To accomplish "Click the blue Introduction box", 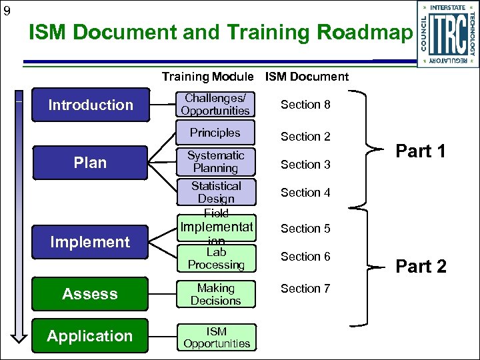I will click(x=90, y=105).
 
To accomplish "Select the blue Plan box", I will click(x=90, y=163).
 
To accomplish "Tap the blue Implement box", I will click(x=90, y=242).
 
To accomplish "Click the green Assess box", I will click(x=90, y=294).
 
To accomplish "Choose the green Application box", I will click(x=90, y=336).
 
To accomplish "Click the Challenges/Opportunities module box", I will click(x=215, y=105).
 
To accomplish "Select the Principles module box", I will click(x=215, y=133).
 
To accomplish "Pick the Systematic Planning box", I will click(x=215, y=162).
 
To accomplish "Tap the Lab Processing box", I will click(x=215, y=259).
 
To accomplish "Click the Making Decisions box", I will click(x=215, y=295).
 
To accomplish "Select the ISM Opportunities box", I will click(x=215, y=337).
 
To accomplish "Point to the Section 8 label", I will click(x=305, y=105).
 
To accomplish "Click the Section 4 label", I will click(x=305, y=193).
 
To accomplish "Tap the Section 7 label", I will click(x=305, y=289).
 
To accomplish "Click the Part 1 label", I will click(x=421, y=151).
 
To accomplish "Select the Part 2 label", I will click(x=421, y=267).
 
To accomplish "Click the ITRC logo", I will click(x=447, y=34).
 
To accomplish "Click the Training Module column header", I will click(x=207, y=77).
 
